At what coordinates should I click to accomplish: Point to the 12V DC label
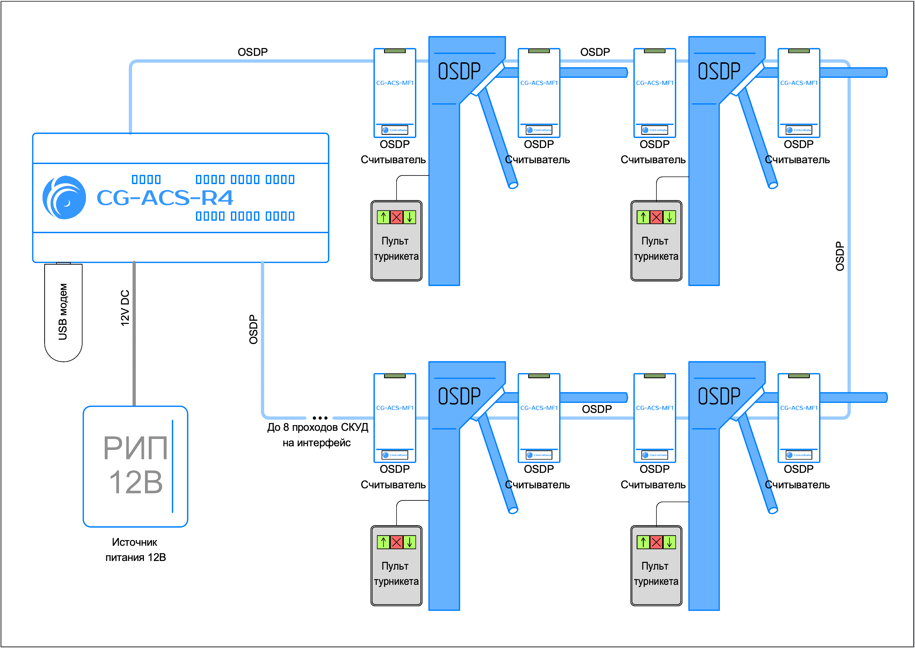pos(125,308)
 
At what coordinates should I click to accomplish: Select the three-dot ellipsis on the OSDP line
pos(320,418)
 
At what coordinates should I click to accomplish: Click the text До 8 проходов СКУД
pos(317,427)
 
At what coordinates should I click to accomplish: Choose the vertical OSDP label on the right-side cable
pos(840,256)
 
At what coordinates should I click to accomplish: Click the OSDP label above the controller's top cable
pos(253,52)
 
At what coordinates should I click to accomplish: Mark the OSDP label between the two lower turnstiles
pos(597,409)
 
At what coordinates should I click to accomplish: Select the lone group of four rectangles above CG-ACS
pos(146,179)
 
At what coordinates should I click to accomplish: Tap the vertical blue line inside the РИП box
pos(172,466)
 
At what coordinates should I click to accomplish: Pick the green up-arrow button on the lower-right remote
pos(643,542)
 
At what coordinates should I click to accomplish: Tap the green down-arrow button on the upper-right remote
pos(669,217)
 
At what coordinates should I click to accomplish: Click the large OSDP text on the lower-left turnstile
pos(459,396)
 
